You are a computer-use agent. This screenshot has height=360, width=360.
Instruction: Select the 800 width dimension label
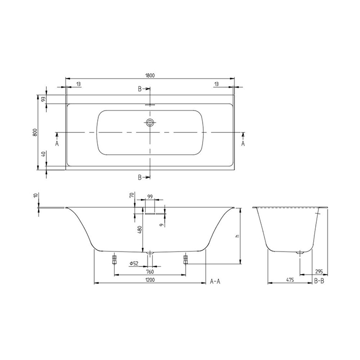tap(34, 132)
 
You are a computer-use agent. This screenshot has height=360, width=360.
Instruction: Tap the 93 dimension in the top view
tap(44, 99)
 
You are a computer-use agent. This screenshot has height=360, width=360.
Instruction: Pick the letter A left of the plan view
tap(57, 144)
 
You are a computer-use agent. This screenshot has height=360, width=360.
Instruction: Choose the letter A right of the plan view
tap(243, 144)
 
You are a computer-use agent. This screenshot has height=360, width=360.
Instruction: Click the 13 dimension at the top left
tap(77, 83)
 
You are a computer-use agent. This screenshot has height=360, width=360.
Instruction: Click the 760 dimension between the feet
tap(150, 272)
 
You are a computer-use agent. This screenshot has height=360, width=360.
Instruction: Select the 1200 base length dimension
tap(150, 280)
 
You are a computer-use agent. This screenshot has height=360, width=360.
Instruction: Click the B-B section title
tap(318, 281)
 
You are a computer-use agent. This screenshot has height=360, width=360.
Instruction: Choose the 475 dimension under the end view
tap(290, 280)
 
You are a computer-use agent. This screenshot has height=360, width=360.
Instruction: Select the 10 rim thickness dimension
tap(34, 196)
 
